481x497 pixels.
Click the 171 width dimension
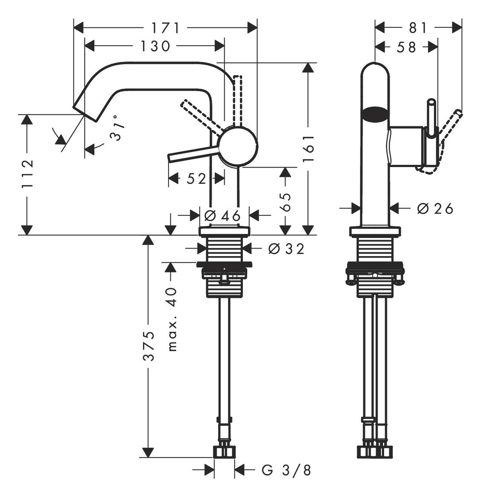165,28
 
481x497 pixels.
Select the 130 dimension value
155,46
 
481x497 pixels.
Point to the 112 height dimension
27,174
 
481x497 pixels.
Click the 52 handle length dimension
196,179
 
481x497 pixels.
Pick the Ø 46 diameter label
222,216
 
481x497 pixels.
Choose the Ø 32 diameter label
286,249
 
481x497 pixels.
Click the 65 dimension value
285,202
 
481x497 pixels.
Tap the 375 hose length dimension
148,346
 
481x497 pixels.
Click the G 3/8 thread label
286,470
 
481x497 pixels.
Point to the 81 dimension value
418,28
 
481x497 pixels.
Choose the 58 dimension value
406,47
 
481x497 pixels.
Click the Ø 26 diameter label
435,208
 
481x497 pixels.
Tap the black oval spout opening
375,114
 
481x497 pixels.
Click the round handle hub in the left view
238,146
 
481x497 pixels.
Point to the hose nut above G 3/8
224,452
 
